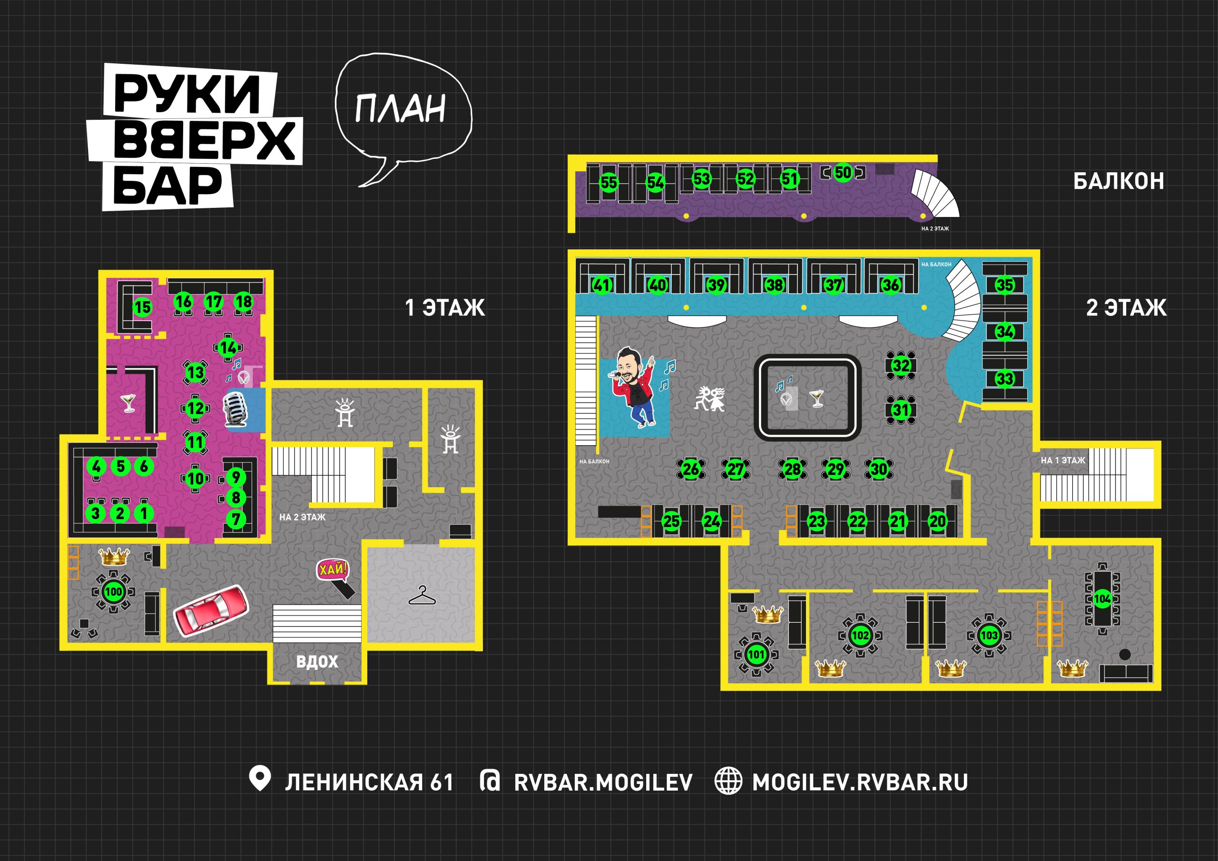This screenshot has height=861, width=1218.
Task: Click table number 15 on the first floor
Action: point(142,307)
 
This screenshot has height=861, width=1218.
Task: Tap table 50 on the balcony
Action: point(843,172)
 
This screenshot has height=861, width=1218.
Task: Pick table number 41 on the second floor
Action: point(601,285)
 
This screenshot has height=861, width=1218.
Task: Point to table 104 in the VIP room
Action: point(1102,598)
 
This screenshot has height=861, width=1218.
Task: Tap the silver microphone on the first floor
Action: point(235,410)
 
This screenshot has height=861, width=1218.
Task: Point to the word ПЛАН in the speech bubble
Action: point(401,109)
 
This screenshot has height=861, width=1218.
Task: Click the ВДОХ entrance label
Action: point(317,662)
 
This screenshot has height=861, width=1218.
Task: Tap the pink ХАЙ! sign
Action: point(333,570)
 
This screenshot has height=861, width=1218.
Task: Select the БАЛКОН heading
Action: point(1119,181)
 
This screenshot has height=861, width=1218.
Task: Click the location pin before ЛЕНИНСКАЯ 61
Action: point(260,778)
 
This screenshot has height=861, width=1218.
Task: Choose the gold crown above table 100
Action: point(114,557)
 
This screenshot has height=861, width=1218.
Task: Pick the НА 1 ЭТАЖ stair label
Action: point(1062,460)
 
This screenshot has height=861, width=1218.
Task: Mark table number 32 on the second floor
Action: point(901,365)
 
